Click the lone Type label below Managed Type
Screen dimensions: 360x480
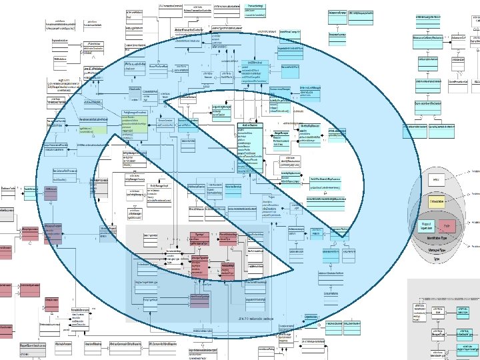click(437, 258)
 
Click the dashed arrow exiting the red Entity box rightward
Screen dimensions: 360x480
click(465, 226)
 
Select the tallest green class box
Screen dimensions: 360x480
click(143, 127)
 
